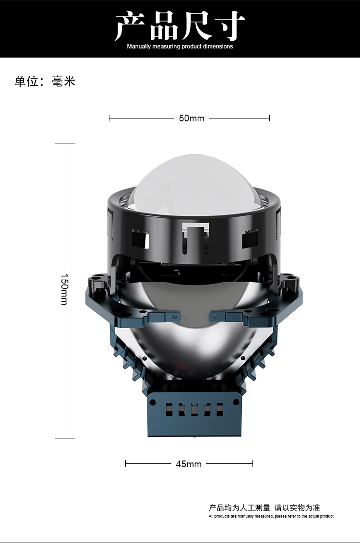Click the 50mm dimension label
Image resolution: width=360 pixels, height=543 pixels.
tap(192, 118)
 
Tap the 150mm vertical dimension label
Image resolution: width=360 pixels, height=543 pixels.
tap(64, 289)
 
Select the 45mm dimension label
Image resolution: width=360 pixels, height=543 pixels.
tap(189, 464)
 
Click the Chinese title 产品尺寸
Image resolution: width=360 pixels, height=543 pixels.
tap(180, 26)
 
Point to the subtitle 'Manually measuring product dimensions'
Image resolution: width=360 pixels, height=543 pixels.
tap(180, 47)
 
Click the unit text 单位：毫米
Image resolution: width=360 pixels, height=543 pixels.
tap(45, 82)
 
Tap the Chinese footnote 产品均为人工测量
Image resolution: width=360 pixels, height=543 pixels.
tap(240, 508)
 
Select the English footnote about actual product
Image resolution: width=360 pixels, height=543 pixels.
tap(271, 516)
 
